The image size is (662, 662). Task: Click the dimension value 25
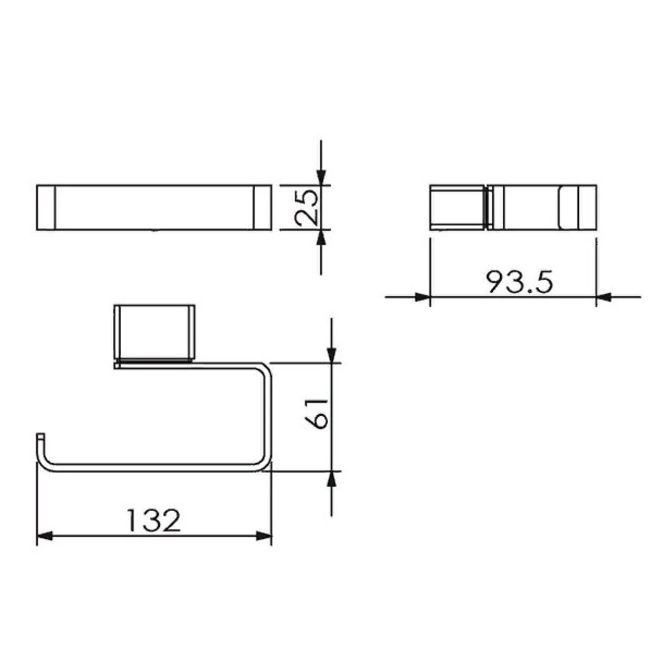click(306, 207)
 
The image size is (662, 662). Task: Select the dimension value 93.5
click(520, 282)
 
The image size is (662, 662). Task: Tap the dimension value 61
click(316, 414)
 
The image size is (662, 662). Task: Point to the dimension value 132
click(153, 520)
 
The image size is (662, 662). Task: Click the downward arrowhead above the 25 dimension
click(321, 178)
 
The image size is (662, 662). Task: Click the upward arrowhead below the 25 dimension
click(321, 237)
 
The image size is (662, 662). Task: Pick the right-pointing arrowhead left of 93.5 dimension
click(423, 297)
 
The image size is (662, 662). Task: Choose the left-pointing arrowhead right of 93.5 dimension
click(604, 297)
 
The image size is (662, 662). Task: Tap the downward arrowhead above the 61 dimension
click(331, 355)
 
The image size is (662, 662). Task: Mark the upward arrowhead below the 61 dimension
click(331, 479)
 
